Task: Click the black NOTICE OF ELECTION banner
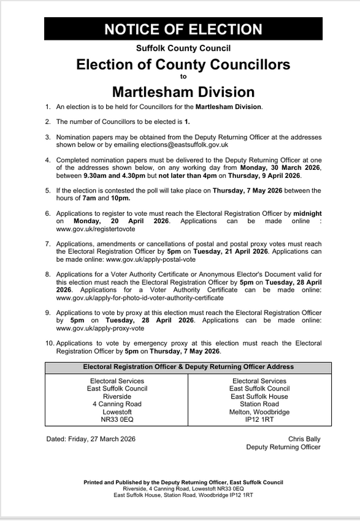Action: pyautogui.click(x=183, y=29)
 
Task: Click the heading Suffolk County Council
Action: pyautogui.click(x=183, y=48)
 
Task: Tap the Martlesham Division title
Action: pyautogui.click(x=183, y=92)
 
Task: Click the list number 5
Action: pyautogui.click(x=48, y=191)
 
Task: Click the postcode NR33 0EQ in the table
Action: pyautogui.click(x=117, y=420)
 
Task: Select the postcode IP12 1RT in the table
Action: pyautogui.click(x=259, y=420)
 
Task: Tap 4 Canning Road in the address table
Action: pyautogui.click(x=117, y=404)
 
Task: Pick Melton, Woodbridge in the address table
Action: pyautogui.click(x=259, y=412)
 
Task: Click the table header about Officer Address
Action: pyautogui.click(x=188, y=367)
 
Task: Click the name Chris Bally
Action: pyautogui.click(x=304, y=439)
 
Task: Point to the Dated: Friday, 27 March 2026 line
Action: pyautogui.click(x=91, y=439)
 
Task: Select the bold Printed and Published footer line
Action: pyautogui.click(x=183, y=482)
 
